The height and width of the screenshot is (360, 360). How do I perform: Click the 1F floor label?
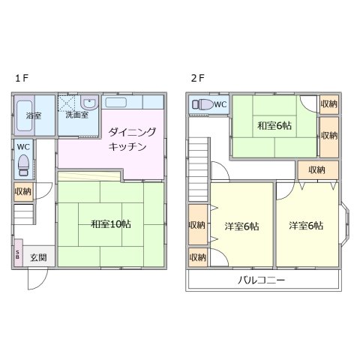tap(21, 78)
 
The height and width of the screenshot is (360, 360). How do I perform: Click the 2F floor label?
tap(197, 78)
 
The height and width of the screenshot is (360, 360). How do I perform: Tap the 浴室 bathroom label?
tap(33, 116)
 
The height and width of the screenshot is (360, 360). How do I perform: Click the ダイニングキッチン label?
tap(132, 139)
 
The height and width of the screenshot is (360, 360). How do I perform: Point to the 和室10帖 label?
tap(111, 223)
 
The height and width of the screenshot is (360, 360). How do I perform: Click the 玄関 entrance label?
tap(38, 256)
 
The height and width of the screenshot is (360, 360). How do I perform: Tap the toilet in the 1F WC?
tap(24, 163)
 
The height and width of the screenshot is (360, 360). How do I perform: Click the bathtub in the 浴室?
tap(24, 108)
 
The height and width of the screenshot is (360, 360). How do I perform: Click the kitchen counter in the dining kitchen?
tap(133, 102)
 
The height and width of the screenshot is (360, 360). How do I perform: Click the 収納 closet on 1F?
tap(23, 192)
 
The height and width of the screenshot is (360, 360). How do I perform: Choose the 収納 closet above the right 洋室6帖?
tap(316, 169)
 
